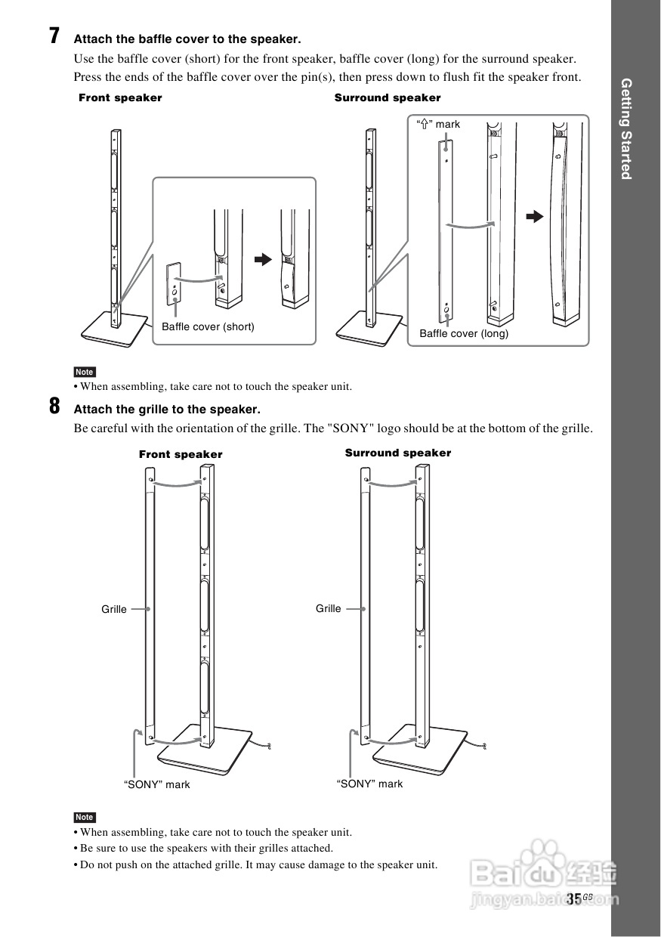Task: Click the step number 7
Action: (54, 36)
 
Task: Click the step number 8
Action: (54, 407)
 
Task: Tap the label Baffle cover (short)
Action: (208, 327)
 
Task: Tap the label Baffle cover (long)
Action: (464, 333)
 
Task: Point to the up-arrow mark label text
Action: (439, 124)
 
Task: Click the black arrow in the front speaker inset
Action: (262, 259)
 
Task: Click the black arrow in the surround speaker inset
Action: (535, 217)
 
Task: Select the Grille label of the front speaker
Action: (114, 609)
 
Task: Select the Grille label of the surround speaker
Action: (329, 608)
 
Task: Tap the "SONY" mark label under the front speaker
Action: (157, 784)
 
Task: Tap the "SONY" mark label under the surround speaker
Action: (369, 784)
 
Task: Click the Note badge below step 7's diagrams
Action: (85, 372)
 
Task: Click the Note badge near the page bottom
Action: (85, 817)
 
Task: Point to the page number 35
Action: (574, 898)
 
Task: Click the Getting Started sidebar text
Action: (625, 128)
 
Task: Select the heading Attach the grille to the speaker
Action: (167, 410)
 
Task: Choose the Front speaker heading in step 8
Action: (181, 454)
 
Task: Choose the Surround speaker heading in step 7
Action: (388, 97)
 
